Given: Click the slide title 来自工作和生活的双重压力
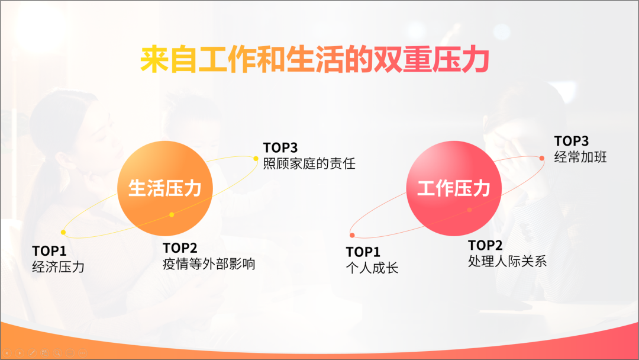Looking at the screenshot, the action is coord(315,60).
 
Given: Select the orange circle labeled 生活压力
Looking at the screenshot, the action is coord(165,188).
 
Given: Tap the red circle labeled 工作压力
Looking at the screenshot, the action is coord(454,188).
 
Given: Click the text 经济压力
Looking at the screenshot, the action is coord(58,267).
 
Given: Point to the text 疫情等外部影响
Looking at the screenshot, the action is coord(209,263).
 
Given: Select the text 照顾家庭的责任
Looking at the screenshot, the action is coord(309,163).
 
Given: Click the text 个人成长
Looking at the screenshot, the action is coord(372,268).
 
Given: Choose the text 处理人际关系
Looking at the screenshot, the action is coord(508,261).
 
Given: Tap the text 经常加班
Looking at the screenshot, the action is coord(580,157).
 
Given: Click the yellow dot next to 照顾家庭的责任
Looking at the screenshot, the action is coord(256,159).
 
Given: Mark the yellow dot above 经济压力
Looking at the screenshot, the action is coord(63,232).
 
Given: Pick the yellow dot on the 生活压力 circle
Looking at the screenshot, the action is coord(172,214).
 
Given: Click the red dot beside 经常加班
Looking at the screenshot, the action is coord(541,158).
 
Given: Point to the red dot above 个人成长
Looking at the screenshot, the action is coord(352,235).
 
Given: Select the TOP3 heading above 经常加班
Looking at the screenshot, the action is coord(572,141).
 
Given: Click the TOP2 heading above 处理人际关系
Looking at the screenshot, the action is coord(485,246).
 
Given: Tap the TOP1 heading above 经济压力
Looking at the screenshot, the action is coord(49,251).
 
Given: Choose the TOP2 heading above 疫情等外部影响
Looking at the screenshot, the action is coord(180,248).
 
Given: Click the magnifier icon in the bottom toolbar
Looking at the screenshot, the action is coord(57,353).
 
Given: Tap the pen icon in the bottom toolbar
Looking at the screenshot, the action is coord(32,353).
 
